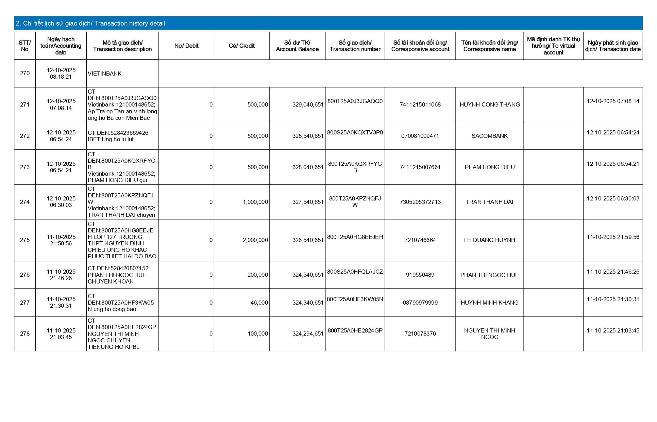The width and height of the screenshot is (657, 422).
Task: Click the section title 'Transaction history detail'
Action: click(x=90, y=23)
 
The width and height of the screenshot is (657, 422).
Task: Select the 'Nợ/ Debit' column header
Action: click(x=186, y=46)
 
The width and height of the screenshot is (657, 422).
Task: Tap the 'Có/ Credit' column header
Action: click(x=241, y=46)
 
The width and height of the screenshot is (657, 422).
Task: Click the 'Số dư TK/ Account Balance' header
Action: click(x=297, y=46)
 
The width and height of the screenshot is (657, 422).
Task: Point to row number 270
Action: click(x=25, y=73)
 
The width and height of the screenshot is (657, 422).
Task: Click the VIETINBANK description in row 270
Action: click(x=105, y=74)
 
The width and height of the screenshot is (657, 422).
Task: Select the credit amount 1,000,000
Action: click(x=255, y=202)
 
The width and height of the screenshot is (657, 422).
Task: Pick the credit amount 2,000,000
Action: click(x=255, y=240)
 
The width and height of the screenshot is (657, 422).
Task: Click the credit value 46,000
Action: click(x=259, y=303)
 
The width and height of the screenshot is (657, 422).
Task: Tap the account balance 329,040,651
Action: click(x=308, y=104)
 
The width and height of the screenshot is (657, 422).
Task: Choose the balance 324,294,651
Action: click(x=308, y=334)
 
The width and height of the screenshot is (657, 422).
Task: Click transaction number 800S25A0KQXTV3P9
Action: click(x=355, y=132)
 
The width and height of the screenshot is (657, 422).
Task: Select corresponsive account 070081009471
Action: click(x=420, y=136)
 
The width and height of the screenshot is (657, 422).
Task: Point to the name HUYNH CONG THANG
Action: click(x=490, y=104)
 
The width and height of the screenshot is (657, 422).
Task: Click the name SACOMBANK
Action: click(x=490, y=136)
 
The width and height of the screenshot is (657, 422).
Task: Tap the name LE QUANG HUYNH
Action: click(x=490, y=240)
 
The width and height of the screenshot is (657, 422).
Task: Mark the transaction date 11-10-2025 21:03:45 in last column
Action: click(x=613, y=330)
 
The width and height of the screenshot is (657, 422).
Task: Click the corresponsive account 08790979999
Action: click(x=420, y=303)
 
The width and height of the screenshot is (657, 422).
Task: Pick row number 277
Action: click(x=25, y=303)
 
